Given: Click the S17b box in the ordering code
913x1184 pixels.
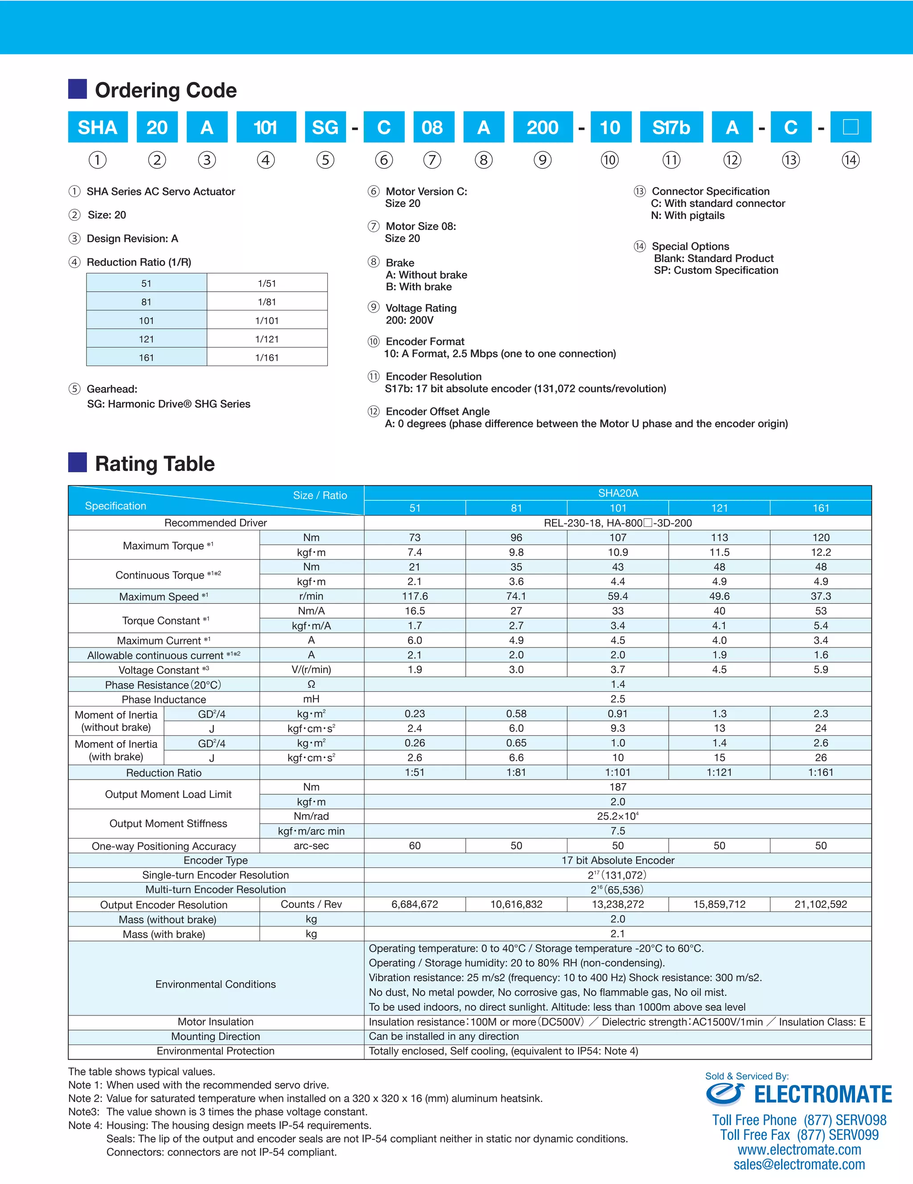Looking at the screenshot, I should (671, 128).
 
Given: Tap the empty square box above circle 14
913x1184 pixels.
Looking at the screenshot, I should (851, 128).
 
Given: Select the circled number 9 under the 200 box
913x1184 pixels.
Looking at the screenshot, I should (543, 160).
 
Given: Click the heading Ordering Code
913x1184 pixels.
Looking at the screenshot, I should (166, 90).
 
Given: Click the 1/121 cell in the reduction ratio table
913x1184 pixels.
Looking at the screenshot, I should (267, 339).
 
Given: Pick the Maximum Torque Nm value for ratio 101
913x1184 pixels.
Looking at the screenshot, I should (618, 537).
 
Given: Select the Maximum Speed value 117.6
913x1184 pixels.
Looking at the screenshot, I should (415, 596).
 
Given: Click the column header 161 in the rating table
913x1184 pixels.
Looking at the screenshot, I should (820, 508).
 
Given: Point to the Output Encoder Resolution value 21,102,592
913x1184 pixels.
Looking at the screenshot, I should (820, 904).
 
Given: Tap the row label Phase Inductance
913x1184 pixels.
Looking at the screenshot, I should (164, 699).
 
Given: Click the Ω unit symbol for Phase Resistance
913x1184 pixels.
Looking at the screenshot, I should (311, 684).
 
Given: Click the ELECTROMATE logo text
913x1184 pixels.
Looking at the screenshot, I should (823, 1094).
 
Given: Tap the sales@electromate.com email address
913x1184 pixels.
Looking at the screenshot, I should (799, 1164).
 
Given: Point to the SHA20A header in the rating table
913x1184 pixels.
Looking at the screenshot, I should (618, 493).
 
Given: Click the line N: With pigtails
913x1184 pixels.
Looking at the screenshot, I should (687, 215).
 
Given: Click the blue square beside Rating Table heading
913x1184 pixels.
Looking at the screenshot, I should (78, 462).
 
